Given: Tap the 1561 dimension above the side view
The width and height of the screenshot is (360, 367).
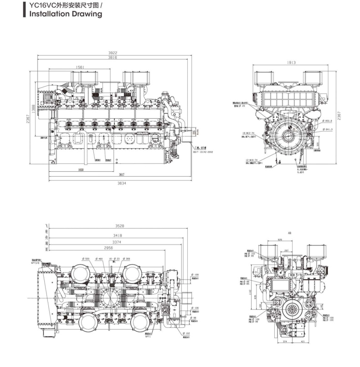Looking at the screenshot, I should pos(80,67).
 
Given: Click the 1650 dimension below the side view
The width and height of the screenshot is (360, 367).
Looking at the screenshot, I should pos(81,170).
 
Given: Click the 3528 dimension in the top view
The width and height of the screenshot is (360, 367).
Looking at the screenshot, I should pos(120,226).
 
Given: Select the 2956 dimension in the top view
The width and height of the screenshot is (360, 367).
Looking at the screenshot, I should pos(108,248).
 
